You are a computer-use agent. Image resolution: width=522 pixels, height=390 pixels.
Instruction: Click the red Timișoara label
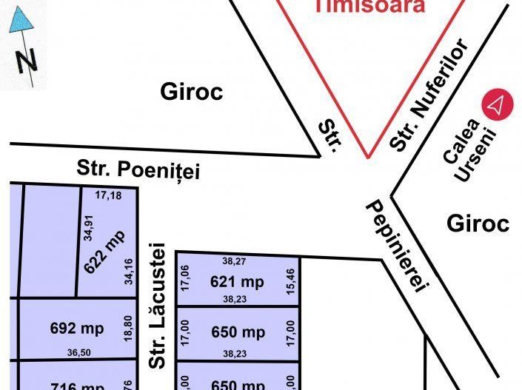pos(369,7)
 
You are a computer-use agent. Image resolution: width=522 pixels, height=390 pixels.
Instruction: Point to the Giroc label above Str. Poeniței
pos(192,93)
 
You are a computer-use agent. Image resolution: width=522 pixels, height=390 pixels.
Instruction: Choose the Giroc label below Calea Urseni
pos(478,223)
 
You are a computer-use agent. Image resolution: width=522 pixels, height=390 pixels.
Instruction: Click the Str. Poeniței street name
pos(138,169)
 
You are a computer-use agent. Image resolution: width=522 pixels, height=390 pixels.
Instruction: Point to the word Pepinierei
pos(397,248)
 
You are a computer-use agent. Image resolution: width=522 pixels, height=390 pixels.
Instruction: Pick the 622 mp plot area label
pos(105,252)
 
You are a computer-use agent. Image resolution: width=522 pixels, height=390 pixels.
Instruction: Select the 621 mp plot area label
pos(237,281)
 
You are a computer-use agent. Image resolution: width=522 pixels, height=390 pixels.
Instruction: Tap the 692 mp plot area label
pos(76,327)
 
